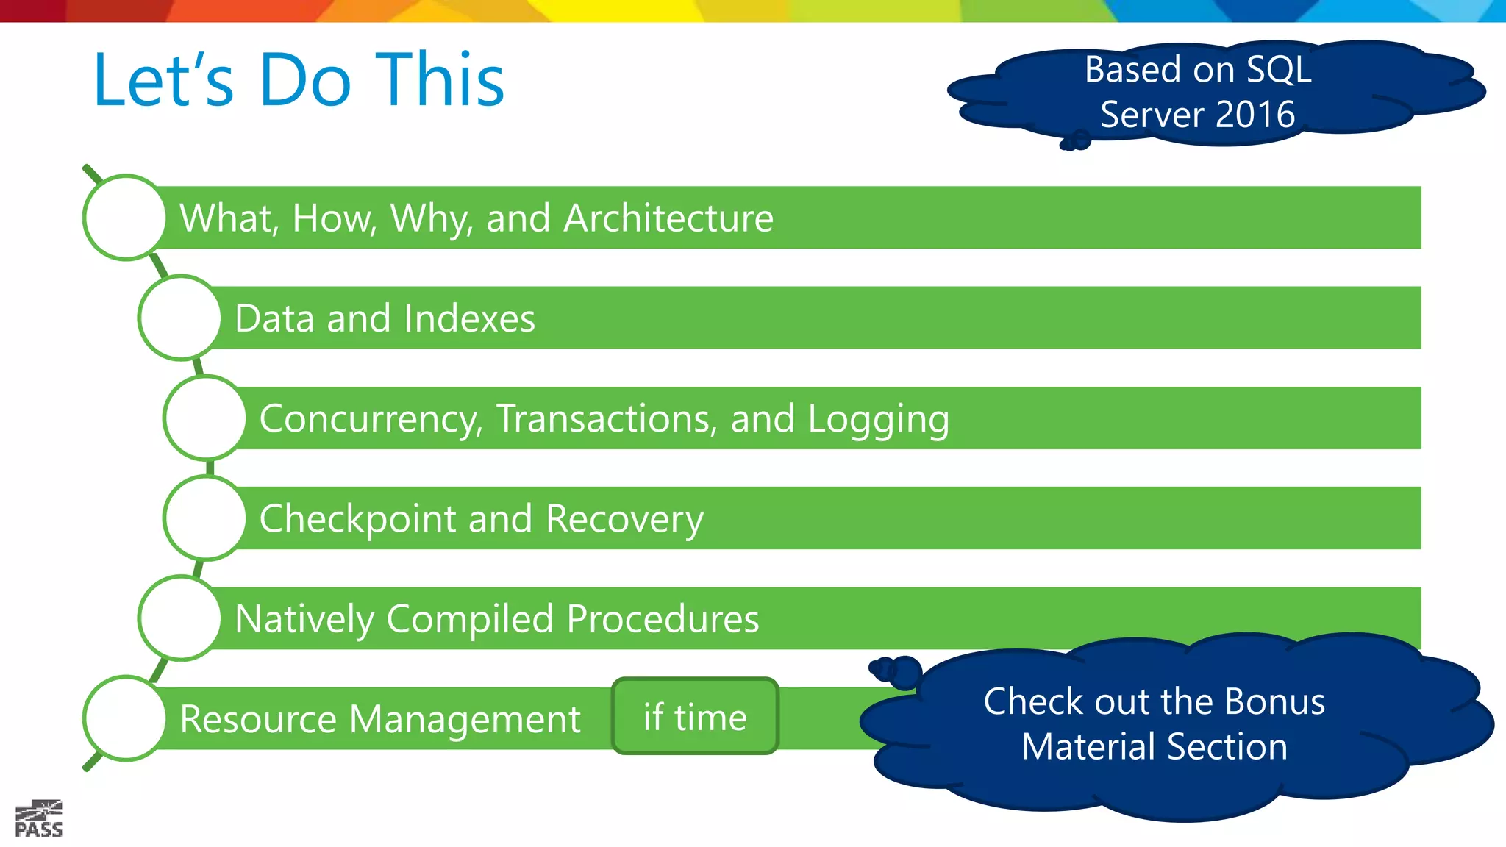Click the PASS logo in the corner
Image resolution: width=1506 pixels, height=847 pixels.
[x=39, y=818]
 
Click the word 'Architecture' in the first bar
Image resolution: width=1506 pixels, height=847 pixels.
[x=668, y=218]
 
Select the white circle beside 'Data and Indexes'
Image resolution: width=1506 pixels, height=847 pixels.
[x=180, y=318]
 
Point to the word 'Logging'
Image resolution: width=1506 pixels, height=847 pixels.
[x=878, y=419]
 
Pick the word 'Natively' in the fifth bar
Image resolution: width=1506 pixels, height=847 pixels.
[x=304, y=619]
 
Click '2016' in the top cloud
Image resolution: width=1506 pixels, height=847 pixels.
[x=1255, y=115]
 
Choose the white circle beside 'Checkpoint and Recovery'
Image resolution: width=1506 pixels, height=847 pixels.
[x=205, y=518]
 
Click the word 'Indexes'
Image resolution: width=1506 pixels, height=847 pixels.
[x=468, y=318]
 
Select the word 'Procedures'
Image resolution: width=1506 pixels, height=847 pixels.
[x=663, y=619]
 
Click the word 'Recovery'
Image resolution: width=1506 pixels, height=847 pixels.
[x=624, y=519]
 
